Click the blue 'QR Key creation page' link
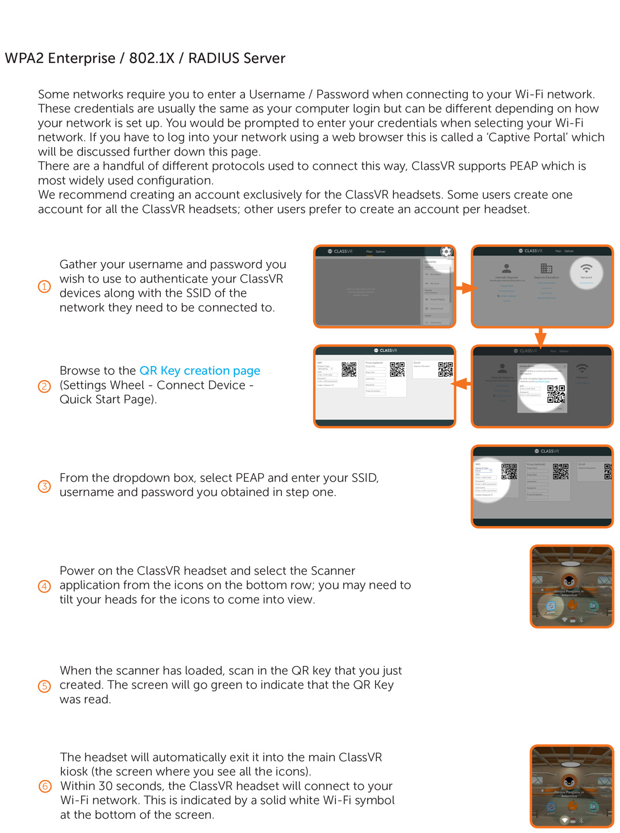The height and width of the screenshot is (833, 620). click(199, 370)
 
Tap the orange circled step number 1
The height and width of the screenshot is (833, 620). click(44, 286)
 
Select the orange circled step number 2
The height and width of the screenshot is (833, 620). click(44, 386)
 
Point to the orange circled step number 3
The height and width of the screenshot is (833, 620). click(44, 486)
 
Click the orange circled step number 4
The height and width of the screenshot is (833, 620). click(44, 586)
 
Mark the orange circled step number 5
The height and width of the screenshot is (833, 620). click(44, 686)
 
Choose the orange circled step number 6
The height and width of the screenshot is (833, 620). click(44, 786)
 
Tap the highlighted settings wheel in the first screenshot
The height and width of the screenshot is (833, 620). click(447, 252)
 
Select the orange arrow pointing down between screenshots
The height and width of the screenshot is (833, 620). click(541, 336)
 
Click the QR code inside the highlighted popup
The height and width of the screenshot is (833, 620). click(556, 393)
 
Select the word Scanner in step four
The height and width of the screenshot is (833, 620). click(332, 570)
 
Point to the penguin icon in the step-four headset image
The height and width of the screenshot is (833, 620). click(569, 581)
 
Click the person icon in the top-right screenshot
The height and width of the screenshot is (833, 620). click(506, 268)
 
